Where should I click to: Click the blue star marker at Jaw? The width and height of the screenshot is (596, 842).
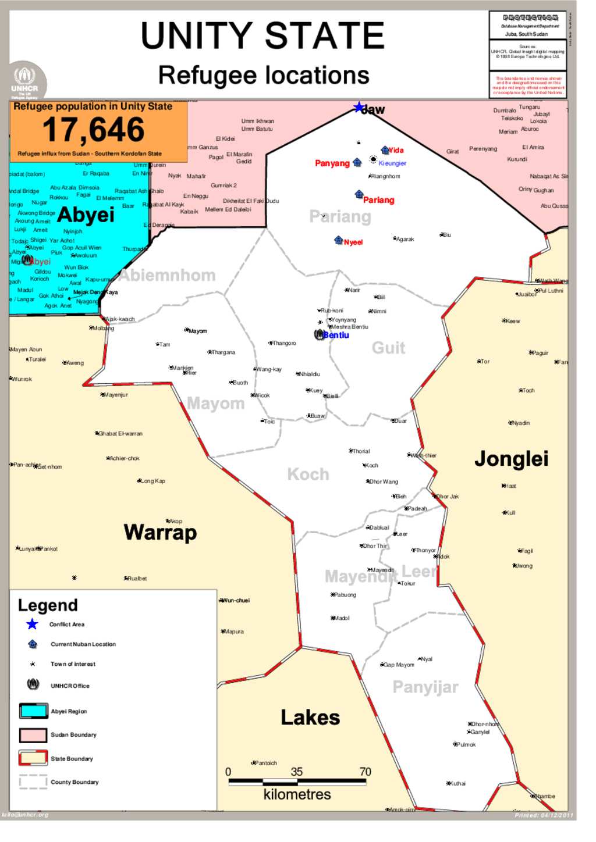(359, 108)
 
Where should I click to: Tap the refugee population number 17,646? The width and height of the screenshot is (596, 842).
(93, 130)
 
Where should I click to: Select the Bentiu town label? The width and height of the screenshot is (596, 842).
(336, 335)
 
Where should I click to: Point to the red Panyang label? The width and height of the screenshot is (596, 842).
(332, 163)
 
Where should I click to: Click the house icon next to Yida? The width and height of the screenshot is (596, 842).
(385, 151)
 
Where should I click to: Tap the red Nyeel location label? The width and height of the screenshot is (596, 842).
(353, 242)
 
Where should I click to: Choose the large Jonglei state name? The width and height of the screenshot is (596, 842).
(511, 459)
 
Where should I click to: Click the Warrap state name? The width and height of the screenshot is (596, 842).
(160, 532)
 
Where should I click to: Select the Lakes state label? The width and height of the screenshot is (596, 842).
(310, 718)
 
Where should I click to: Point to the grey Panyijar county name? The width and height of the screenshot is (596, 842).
(425, 687)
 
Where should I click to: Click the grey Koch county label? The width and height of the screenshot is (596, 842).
(308, 474)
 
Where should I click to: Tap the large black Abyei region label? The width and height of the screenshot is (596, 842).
(86, 215)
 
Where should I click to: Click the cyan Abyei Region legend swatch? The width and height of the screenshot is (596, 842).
(33, 711)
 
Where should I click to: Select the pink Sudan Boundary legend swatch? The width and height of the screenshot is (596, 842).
(33, 735)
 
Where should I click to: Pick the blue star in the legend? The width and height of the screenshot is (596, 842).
(32, 625)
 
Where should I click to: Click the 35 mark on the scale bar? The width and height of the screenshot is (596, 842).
(297, 772)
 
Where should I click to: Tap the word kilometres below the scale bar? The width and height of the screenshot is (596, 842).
(297, 794)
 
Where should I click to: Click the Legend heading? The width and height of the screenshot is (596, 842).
(48, 605)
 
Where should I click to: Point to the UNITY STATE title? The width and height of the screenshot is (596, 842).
(262, 36)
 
